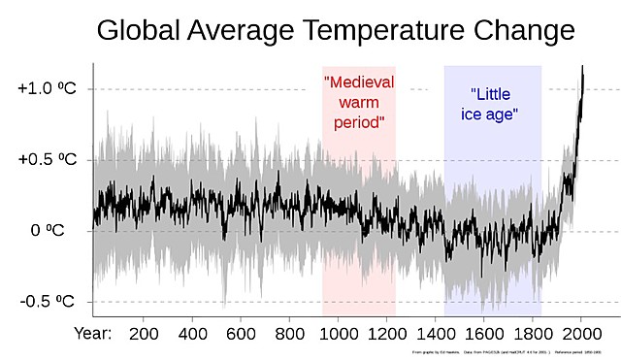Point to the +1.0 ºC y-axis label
(47, 88)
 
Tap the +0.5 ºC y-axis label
(47, 159)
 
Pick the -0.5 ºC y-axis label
(48, 301)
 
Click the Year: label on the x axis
(93, 334)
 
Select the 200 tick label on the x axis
(144, 334)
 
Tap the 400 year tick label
(192, 334)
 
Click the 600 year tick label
(241, 334)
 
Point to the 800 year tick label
(289, 334)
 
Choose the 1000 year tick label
(338, 334)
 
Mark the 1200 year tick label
(386, 334)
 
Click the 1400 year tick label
(435, 334)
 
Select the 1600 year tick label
(483, 334)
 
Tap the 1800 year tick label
(532, 334)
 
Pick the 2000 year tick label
(580, 334)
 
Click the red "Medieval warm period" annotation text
(358, 103)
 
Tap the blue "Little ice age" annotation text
(493, 105)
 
